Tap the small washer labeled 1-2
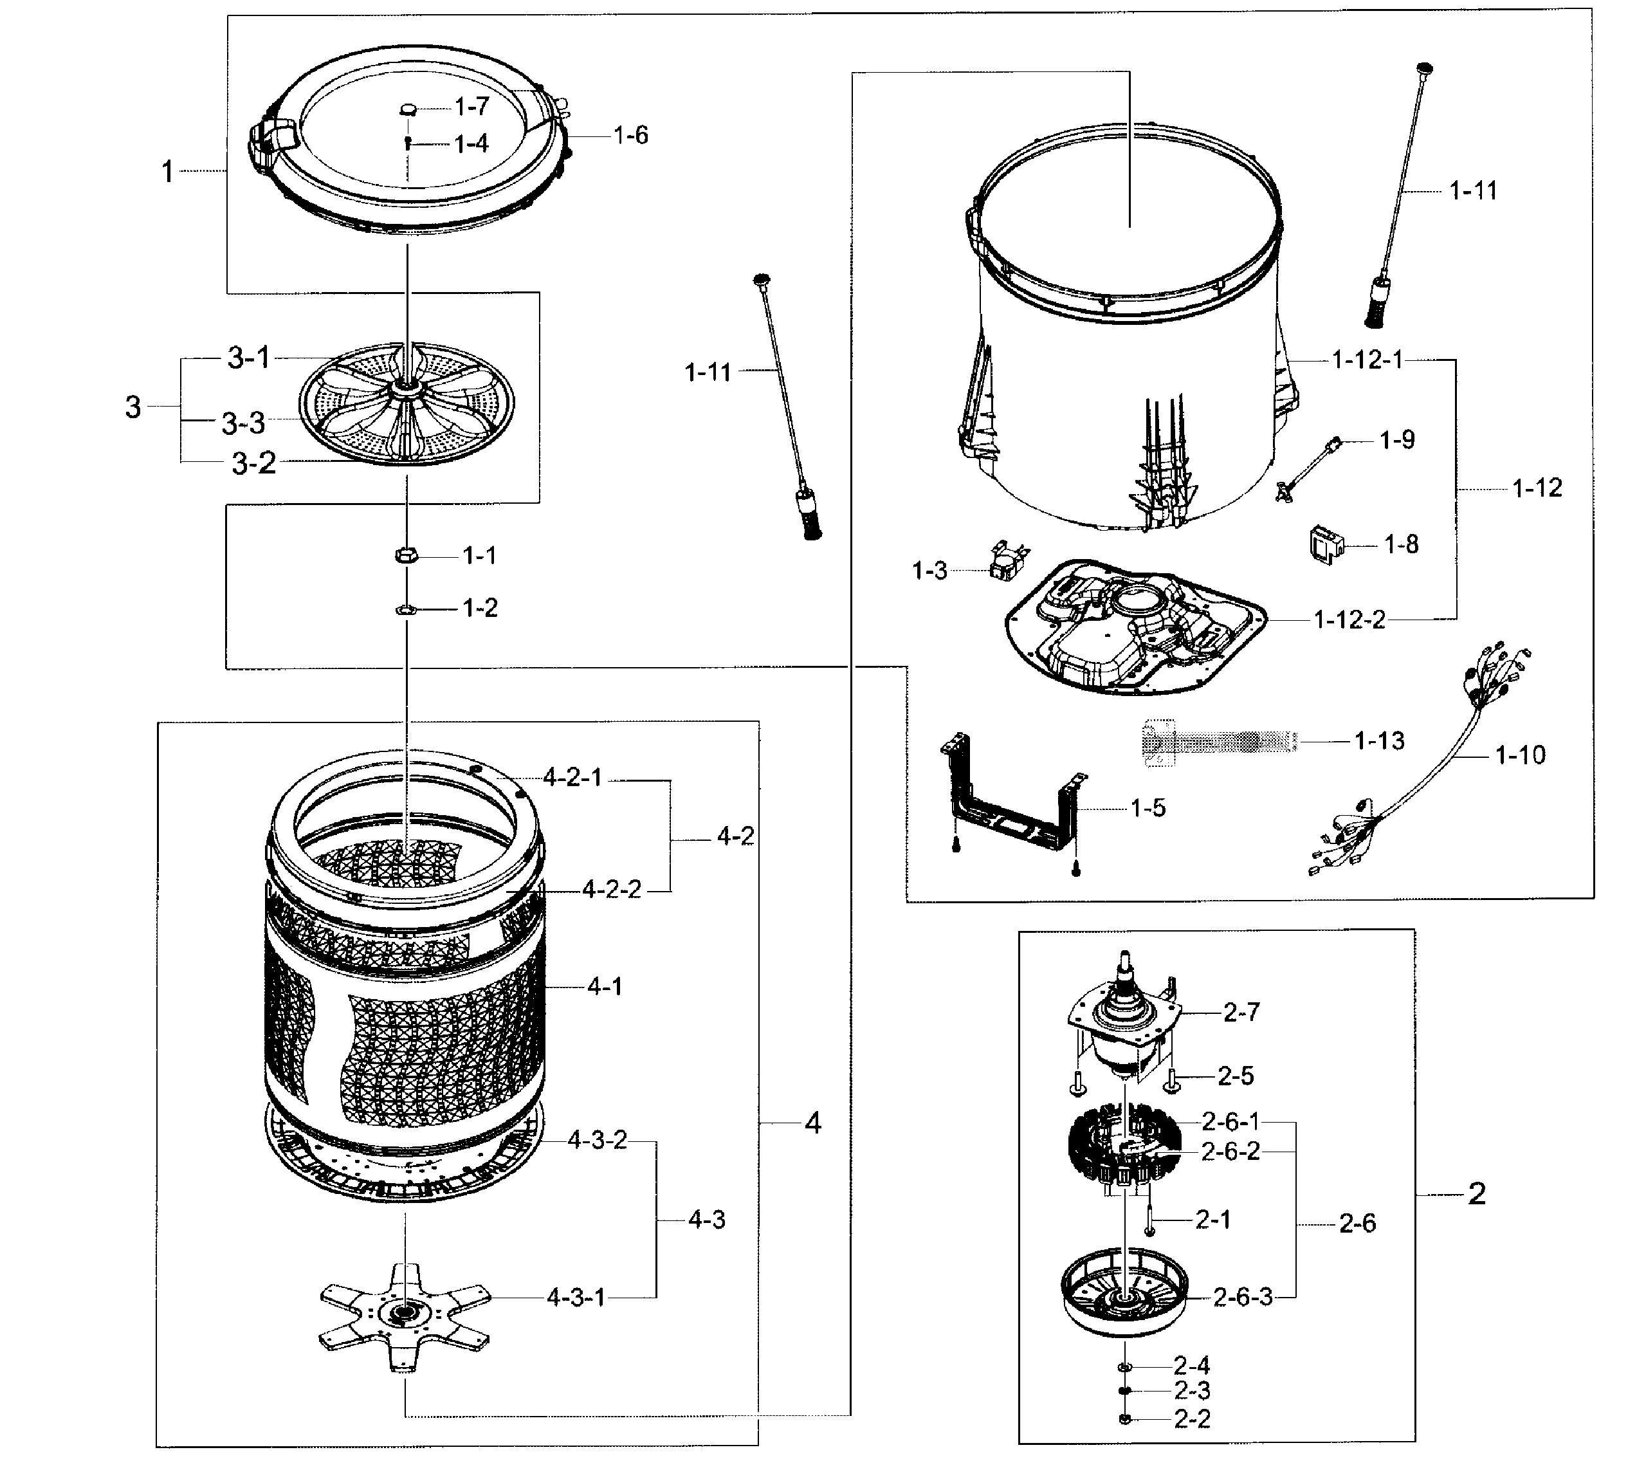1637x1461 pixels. pos(406,610)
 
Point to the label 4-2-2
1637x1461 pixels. pos(612,890)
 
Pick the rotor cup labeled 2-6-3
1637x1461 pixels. pos(1124,1292)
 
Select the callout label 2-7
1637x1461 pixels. pos(1241,1013)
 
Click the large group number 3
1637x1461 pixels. pos(133,407)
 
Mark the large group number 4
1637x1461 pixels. pos(813,1123)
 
